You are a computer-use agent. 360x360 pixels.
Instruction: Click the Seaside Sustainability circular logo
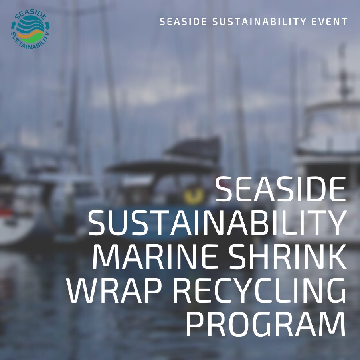coord(31,30)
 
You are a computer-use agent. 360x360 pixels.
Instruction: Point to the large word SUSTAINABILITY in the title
coord(217,223)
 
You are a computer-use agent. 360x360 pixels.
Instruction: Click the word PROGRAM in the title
coord(266,324)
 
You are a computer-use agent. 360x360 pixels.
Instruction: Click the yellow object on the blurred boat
coord(193,195)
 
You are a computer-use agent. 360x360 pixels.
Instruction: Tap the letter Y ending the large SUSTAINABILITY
coord(336,223)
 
